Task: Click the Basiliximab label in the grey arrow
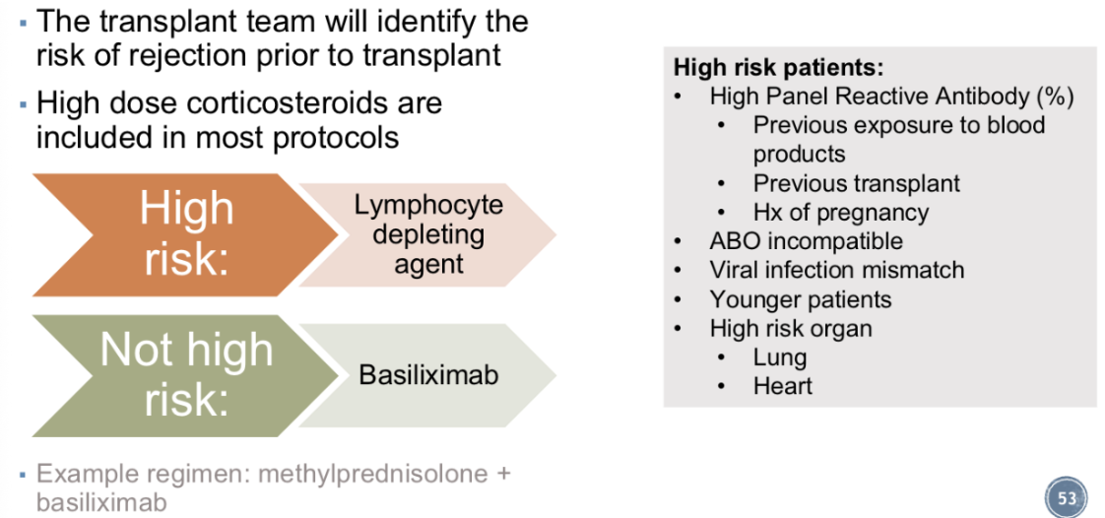428,375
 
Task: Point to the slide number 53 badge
1067,497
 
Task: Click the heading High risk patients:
779,68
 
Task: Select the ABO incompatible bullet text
807,241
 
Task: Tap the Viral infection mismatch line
837,270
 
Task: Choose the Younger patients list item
801,299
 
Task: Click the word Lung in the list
779,357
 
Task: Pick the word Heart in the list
782,386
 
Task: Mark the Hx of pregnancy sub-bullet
841,213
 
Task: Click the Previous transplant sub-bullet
856,183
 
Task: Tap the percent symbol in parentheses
1056,97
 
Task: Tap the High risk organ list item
791,328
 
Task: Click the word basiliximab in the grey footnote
102,502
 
